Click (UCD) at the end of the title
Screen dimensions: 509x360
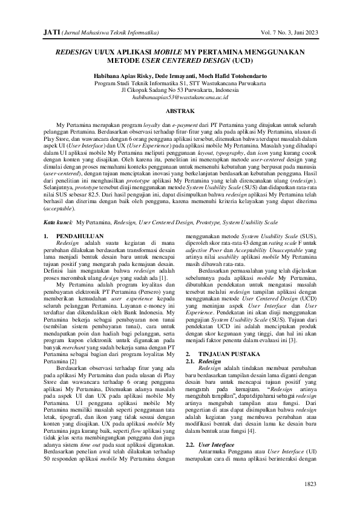(x=241, y=61)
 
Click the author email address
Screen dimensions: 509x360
(x=180, y=97)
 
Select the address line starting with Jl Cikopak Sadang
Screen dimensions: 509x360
(x=180, y=90)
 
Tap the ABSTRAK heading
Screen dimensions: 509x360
(x=180, y=111)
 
